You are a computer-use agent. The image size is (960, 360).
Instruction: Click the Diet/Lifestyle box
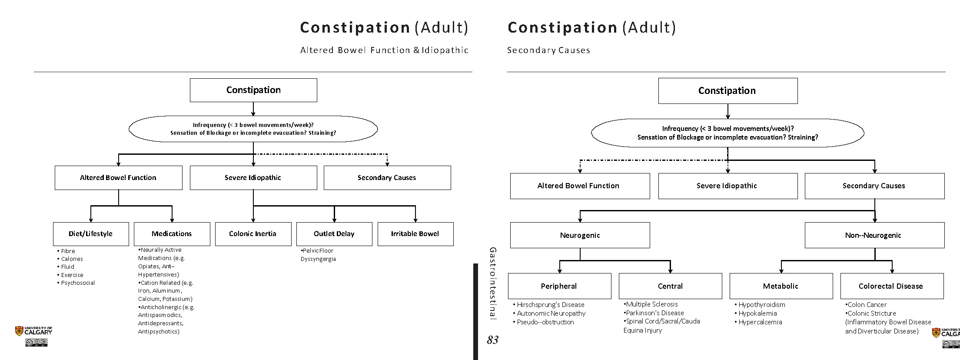coord(91,234)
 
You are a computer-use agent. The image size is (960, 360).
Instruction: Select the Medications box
coord(172,234)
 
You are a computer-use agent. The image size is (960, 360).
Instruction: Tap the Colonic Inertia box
coord(252,234)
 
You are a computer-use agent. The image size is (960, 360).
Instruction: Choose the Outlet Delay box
coord(334,234)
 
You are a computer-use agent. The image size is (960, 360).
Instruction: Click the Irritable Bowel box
coord(415,234)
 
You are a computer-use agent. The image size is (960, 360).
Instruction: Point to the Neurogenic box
coord(580,235)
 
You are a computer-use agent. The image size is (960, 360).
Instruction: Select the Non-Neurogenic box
coord(874,235)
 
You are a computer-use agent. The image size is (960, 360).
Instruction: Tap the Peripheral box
coord(559,286)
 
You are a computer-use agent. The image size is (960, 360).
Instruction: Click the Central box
coord(670,286)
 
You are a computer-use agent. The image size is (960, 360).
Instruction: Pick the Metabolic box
coord(781,286)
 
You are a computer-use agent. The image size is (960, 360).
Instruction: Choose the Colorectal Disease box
coord(891,286)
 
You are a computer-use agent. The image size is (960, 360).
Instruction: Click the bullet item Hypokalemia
coord(757,313)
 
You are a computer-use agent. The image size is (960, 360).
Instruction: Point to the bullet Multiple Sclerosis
coord(651,304)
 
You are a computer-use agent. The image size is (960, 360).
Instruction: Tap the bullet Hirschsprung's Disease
coord(550,305)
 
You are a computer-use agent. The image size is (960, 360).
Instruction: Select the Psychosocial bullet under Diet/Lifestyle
coord(77,283)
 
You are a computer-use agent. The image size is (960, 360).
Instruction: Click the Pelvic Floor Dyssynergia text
coord(318,255)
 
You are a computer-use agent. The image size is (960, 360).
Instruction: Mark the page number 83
coord(492,340)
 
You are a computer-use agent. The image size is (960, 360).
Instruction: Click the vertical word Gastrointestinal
coord(492,283)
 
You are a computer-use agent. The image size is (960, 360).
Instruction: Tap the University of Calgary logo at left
coord(33,331)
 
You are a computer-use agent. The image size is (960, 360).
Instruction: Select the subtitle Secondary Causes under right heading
coord(548,50)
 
